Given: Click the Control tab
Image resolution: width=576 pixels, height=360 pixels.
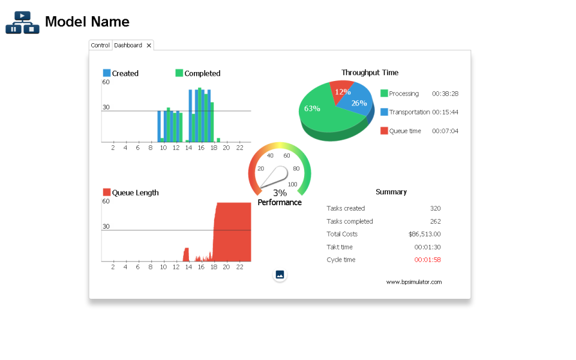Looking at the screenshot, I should coord(100,45).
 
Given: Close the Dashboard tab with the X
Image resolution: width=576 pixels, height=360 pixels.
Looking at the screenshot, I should coord(149,45).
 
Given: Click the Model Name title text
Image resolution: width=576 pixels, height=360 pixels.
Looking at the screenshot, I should coord(87,22).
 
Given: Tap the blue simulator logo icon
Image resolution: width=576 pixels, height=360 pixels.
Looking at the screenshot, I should coord(22,23).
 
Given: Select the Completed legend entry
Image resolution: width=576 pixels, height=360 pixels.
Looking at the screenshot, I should coord(197,73).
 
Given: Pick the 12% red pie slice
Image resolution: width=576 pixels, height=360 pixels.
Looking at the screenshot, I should coord(343,91).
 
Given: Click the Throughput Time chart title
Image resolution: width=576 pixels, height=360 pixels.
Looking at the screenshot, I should coord(370,73).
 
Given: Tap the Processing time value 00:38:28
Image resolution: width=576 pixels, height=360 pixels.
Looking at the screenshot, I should coord(445,94).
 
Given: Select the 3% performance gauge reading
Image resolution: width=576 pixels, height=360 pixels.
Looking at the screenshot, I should coord(280,193).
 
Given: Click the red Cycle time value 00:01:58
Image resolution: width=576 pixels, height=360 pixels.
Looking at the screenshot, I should coord(427,260).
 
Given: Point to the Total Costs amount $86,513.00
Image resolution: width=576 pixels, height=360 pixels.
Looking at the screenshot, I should coord(424,234).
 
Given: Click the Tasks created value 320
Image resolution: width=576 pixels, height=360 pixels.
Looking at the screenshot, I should coord(435,208).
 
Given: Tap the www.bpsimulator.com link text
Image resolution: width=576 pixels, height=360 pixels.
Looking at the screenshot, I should coord(413,282).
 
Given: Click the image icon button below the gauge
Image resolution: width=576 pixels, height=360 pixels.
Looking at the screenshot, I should coord(280,275).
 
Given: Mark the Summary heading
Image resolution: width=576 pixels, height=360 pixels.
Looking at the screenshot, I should coord(391,192).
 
